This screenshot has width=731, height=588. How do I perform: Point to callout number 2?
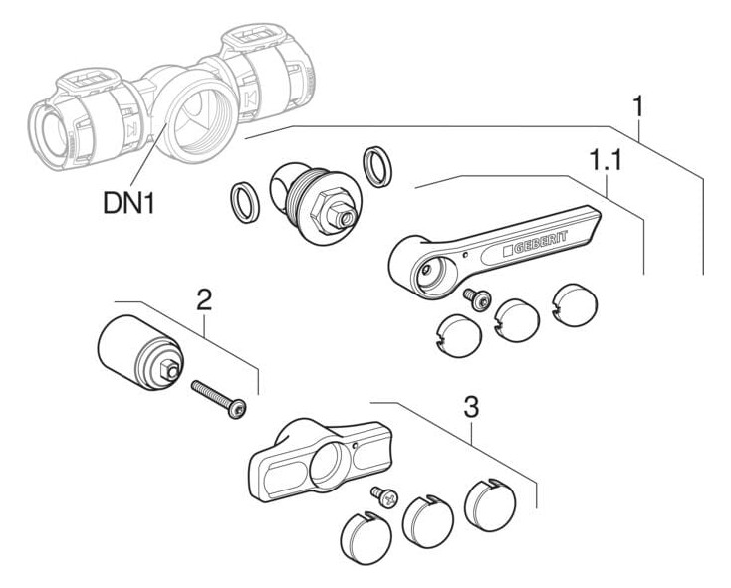[x=205, y=297]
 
